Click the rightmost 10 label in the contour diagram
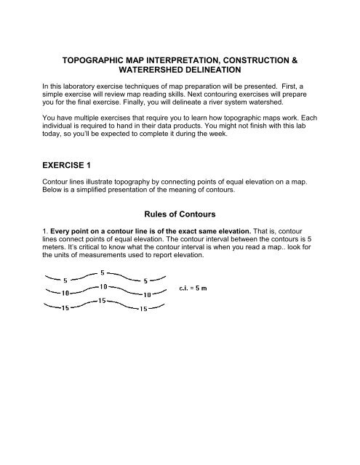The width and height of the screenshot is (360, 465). [146, 294]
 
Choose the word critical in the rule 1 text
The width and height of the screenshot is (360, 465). [89, 252]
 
